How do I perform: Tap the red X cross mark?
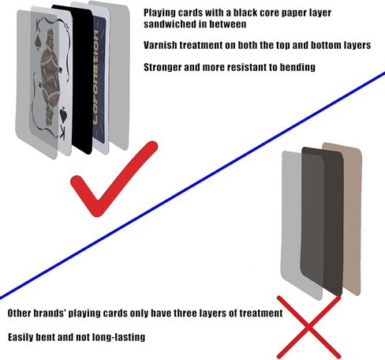309,327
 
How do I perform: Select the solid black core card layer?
80,79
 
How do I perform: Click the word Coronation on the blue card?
96,77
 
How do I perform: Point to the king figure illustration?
50,77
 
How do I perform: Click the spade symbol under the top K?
38,42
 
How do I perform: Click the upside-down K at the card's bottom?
62,134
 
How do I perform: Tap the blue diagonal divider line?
192,186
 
